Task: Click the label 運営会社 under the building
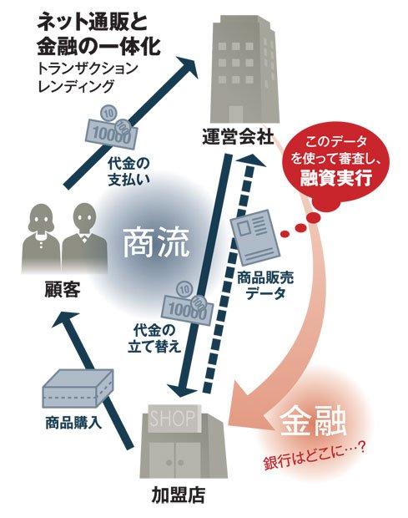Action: click(x=238, y=137)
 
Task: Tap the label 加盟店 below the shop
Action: click(x=179, y=495)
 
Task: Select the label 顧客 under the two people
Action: click(x=63, y=290)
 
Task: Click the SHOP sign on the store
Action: click(x=173, y=419)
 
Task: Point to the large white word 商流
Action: click(x=156, y=243)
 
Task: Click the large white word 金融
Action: click(x=313, y=423)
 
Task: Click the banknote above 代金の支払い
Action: click(x=112, y=127)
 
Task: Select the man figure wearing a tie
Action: click(x=84, y=237)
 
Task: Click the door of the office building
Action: click(x=236, y=114)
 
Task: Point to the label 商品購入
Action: click(x=73, y=423)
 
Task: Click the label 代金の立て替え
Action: click(x=154, y=338)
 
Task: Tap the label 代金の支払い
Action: click(x=129, y=171)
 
